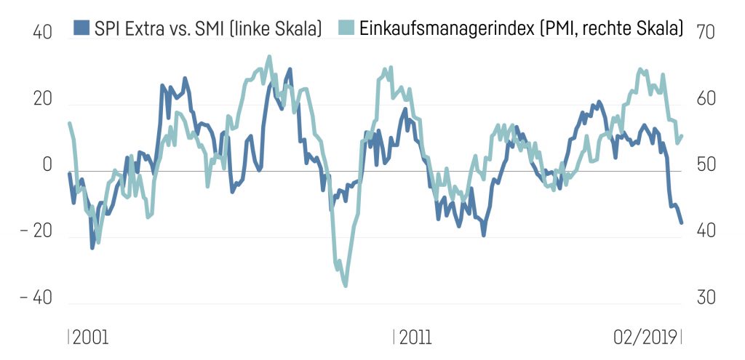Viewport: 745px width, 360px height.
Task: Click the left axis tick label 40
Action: [x=42, y=33]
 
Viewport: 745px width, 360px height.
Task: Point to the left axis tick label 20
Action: [x=42, y=100]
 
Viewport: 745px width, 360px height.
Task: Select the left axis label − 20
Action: [x=36, y=232]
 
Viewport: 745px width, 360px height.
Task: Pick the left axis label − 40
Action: [x=36, y=298]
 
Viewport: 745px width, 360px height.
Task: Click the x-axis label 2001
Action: [x=90, y=337]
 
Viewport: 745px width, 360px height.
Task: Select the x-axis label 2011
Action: [x=415, y=337]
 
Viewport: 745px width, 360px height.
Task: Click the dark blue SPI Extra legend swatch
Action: [x=81, y=28]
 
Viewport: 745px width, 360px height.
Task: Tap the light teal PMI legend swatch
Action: [x=347, y=28]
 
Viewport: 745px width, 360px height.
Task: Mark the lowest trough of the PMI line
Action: [x=345, y=285]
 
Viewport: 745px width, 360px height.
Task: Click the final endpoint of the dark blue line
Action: [x=681, y=223]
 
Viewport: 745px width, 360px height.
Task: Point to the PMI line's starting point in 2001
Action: [x=69, y=124]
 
